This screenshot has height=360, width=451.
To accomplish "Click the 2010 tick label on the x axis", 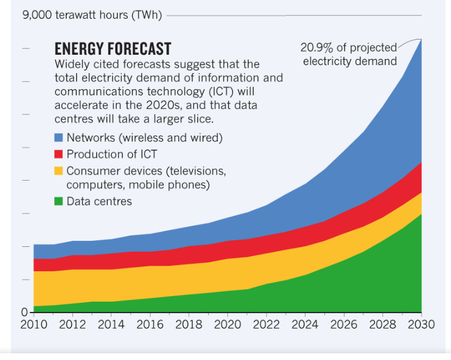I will point(33,324).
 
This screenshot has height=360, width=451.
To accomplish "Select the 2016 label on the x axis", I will point(149,324).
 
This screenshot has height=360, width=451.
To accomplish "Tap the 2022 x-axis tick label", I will point(265,324).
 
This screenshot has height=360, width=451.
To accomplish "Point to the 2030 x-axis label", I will point(421,324).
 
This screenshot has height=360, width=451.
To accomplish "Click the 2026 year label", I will point(343,324).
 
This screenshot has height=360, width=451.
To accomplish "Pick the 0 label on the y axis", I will point(24,312).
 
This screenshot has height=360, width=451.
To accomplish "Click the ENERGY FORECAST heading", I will point(113,49).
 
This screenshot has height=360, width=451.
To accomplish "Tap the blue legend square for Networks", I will point(59,137).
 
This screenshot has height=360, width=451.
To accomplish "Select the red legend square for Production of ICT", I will point(59,154).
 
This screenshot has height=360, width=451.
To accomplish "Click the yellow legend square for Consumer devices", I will point(59,170).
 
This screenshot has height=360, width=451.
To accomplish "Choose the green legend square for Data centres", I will point(59,201).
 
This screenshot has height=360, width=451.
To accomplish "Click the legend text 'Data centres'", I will point(99,201).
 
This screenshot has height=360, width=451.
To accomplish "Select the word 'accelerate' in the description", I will point(80,105).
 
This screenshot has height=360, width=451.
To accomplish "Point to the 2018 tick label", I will point(188,324).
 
